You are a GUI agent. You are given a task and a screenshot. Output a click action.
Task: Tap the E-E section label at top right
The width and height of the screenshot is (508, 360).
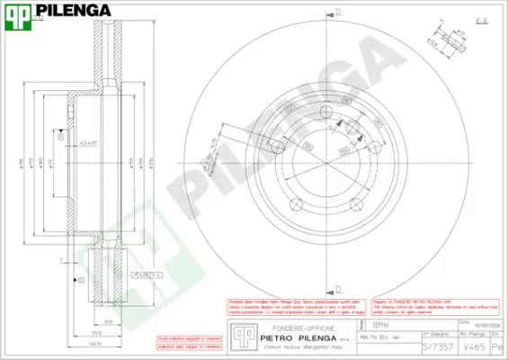480,18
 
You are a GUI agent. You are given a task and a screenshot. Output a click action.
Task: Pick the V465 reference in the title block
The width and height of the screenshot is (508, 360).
473,346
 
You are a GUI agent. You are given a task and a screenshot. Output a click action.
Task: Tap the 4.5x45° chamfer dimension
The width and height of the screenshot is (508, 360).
87,142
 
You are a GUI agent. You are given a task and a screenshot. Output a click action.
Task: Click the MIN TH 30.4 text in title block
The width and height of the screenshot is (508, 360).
378,337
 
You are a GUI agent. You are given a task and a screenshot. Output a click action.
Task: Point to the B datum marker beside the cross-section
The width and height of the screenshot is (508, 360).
82,281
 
